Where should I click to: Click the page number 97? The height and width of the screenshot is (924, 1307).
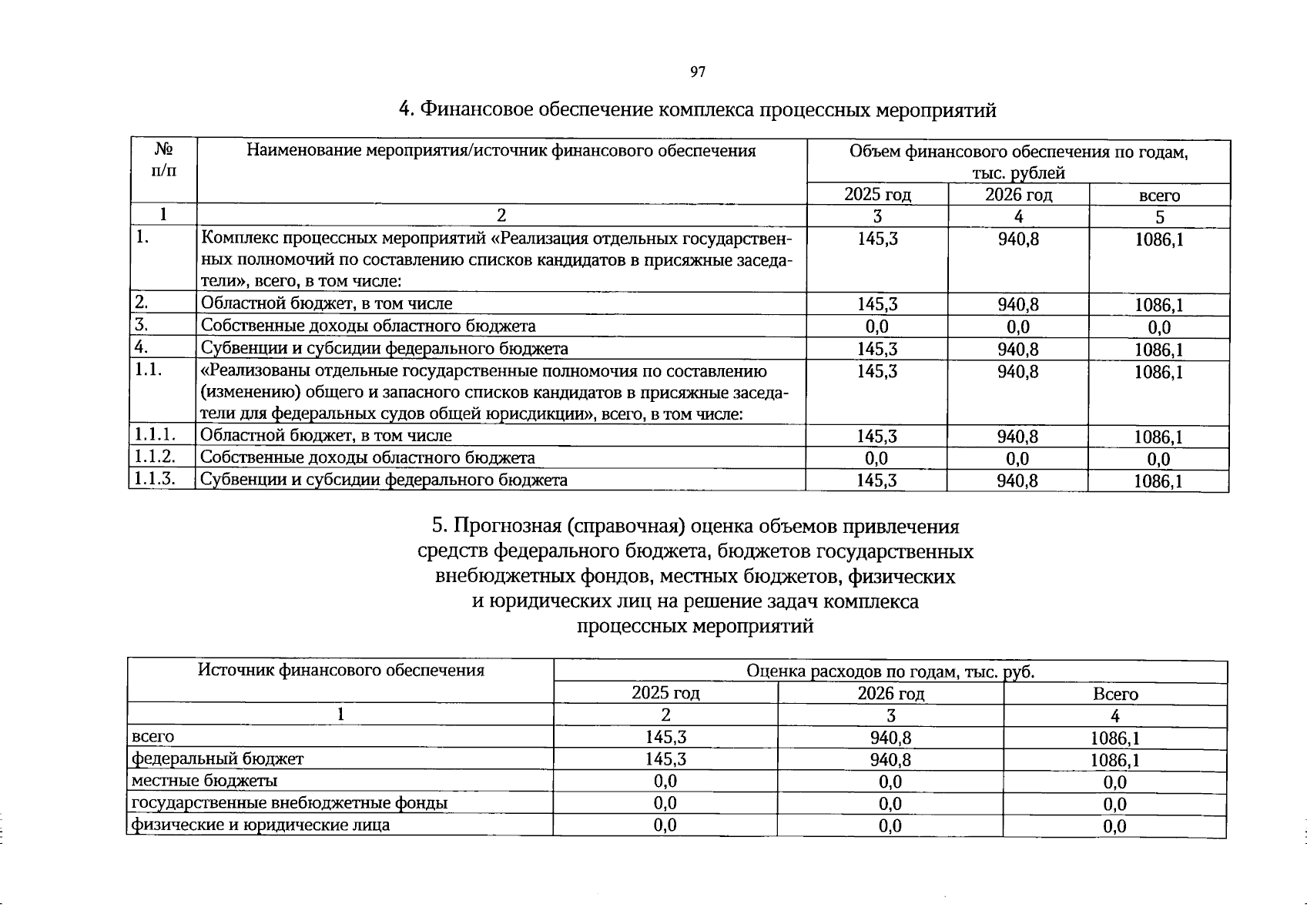tap(697, 72)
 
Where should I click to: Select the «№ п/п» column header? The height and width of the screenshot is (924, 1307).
tap(163, 160)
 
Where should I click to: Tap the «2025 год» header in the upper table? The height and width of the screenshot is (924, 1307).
tap(877, 195)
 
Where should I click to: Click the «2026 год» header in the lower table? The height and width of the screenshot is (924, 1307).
tap(891, 693)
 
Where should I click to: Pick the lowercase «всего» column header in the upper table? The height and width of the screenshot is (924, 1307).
tap(1159, 196)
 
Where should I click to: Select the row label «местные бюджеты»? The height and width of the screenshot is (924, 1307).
tap(205, 781)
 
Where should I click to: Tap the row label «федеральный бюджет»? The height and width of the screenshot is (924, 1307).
tap(218, 759)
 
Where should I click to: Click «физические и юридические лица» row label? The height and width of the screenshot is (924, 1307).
tap(261, 825)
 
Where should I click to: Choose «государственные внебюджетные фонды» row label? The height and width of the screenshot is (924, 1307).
tap(290, 803)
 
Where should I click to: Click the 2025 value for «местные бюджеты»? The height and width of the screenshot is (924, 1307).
tap(665, 782)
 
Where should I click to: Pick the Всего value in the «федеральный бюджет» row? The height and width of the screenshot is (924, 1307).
tap(1115, 761)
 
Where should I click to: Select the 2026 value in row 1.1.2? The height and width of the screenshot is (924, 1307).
tap(1018, 459)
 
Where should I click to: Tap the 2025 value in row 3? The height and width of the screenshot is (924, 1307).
tap(877, 326)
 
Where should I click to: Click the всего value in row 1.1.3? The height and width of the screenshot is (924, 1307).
tap(1158, 482)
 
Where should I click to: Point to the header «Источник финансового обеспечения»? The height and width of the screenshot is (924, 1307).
tap(341, 670)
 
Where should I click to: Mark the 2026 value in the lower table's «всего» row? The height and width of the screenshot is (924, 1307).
tap(891, 738)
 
